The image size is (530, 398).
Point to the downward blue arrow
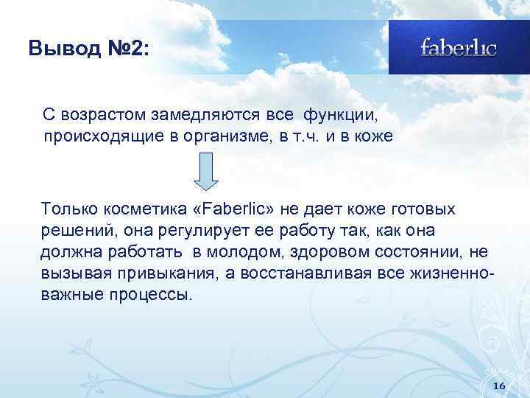pos(208,175)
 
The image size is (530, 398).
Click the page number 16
pos(498,386)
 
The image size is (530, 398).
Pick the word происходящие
pos(93,137)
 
